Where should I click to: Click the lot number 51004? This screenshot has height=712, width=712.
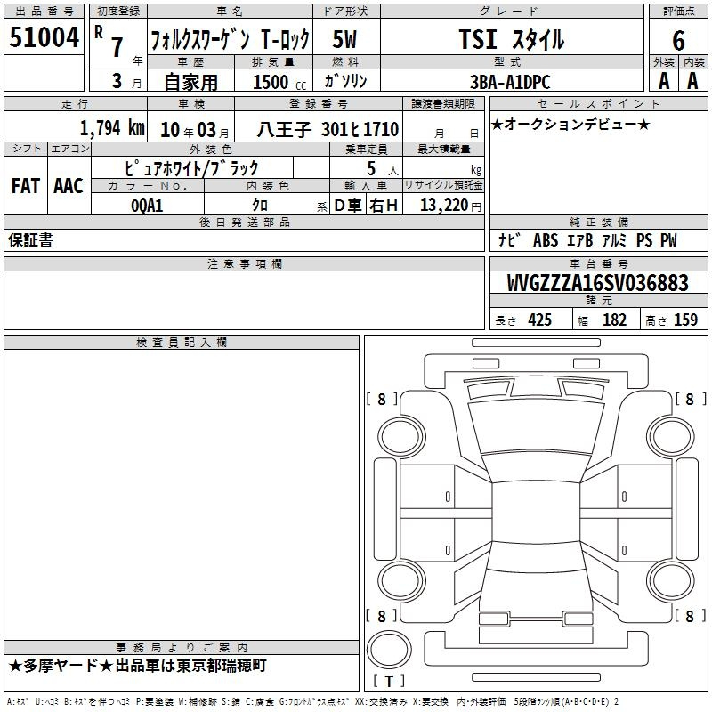tap(44, 37)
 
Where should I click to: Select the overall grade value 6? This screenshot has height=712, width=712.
tap(678, 41)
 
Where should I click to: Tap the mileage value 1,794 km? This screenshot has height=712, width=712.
tap(112, 128)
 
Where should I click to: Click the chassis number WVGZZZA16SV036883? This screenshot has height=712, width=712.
tap(597, 283)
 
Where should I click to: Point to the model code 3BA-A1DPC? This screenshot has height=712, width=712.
tap(510, 82)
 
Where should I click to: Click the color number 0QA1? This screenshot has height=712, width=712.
tap(147, 206)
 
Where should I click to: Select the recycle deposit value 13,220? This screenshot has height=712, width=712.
tap(444, 206)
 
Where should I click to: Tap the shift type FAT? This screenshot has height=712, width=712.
tap(26, 186)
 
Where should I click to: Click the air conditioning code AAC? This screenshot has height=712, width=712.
tap(69, 186)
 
